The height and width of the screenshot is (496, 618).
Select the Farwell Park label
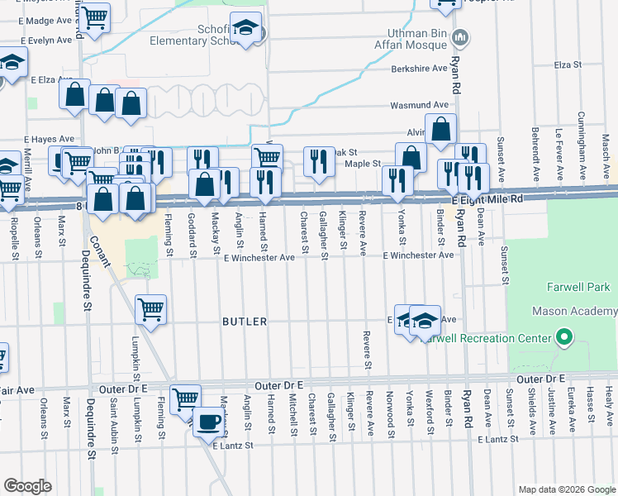(578, 287)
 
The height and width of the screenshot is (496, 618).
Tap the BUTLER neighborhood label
(244, 322)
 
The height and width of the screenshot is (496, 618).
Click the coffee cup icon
(208, 422)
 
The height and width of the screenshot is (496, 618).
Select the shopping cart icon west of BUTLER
(150, 310)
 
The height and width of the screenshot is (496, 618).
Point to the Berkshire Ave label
(419, 69)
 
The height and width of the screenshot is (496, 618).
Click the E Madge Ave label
(42, 20)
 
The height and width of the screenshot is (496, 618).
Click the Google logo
(28, 485)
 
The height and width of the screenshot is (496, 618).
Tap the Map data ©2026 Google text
(566, 489)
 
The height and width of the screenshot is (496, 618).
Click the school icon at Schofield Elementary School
(245, 29)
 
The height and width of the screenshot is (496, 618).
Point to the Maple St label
(361, 164)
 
